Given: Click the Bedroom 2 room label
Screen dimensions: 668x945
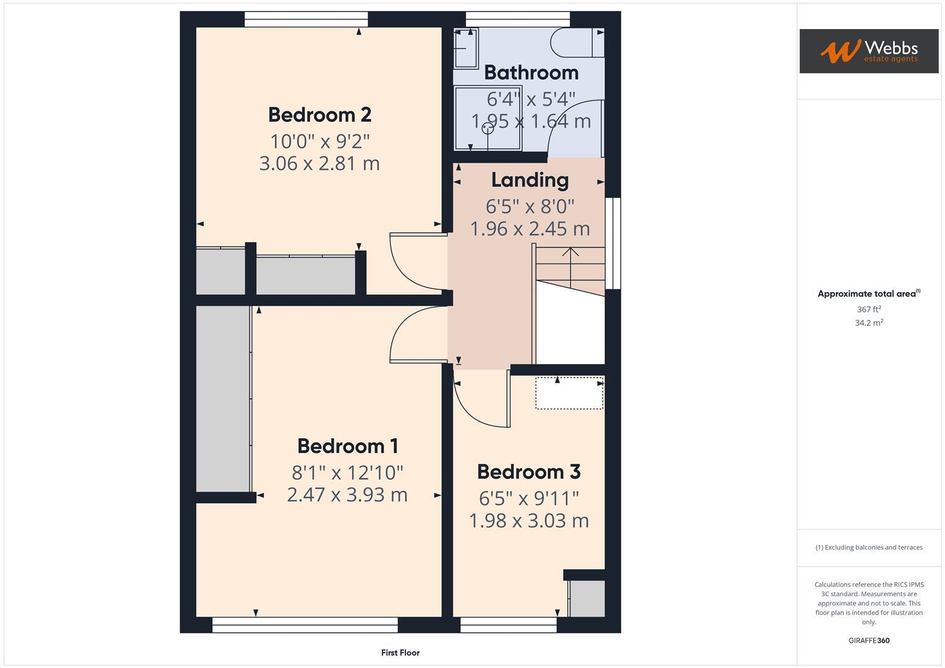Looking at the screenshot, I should coord(319,115).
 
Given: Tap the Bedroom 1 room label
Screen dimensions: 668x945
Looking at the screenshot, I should coord(347,446).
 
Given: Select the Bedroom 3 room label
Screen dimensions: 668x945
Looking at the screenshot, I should coord(529,472).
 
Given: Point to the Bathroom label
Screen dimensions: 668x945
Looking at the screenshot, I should coord(531,73).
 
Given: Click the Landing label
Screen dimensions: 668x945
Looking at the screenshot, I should coord(530,181).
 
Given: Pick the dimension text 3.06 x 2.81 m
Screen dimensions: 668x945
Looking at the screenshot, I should coord(319,164).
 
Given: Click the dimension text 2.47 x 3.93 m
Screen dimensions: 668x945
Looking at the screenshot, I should coord(347,495).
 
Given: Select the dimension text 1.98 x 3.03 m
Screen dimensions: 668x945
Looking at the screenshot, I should coord(529,521).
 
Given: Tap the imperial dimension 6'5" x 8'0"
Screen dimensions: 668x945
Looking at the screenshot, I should coord(530,206).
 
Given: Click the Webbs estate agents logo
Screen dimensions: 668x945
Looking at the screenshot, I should coord(868,51).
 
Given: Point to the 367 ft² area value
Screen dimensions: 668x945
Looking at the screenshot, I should coord(868,309).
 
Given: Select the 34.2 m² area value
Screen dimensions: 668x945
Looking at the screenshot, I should coord(868,323).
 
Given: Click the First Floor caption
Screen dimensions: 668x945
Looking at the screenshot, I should coord(400,653).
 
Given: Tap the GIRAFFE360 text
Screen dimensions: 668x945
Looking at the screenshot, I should coord(868,641).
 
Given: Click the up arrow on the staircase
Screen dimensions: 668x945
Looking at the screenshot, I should coord(571,252).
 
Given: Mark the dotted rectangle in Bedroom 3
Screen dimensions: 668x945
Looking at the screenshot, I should coord(569,393).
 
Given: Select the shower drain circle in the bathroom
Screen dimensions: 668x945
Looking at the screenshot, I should coord(488,128).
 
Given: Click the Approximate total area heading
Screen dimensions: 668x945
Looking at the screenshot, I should coord(868,294).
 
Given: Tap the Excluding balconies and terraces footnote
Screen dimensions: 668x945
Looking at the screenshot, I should coord(868,547).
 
